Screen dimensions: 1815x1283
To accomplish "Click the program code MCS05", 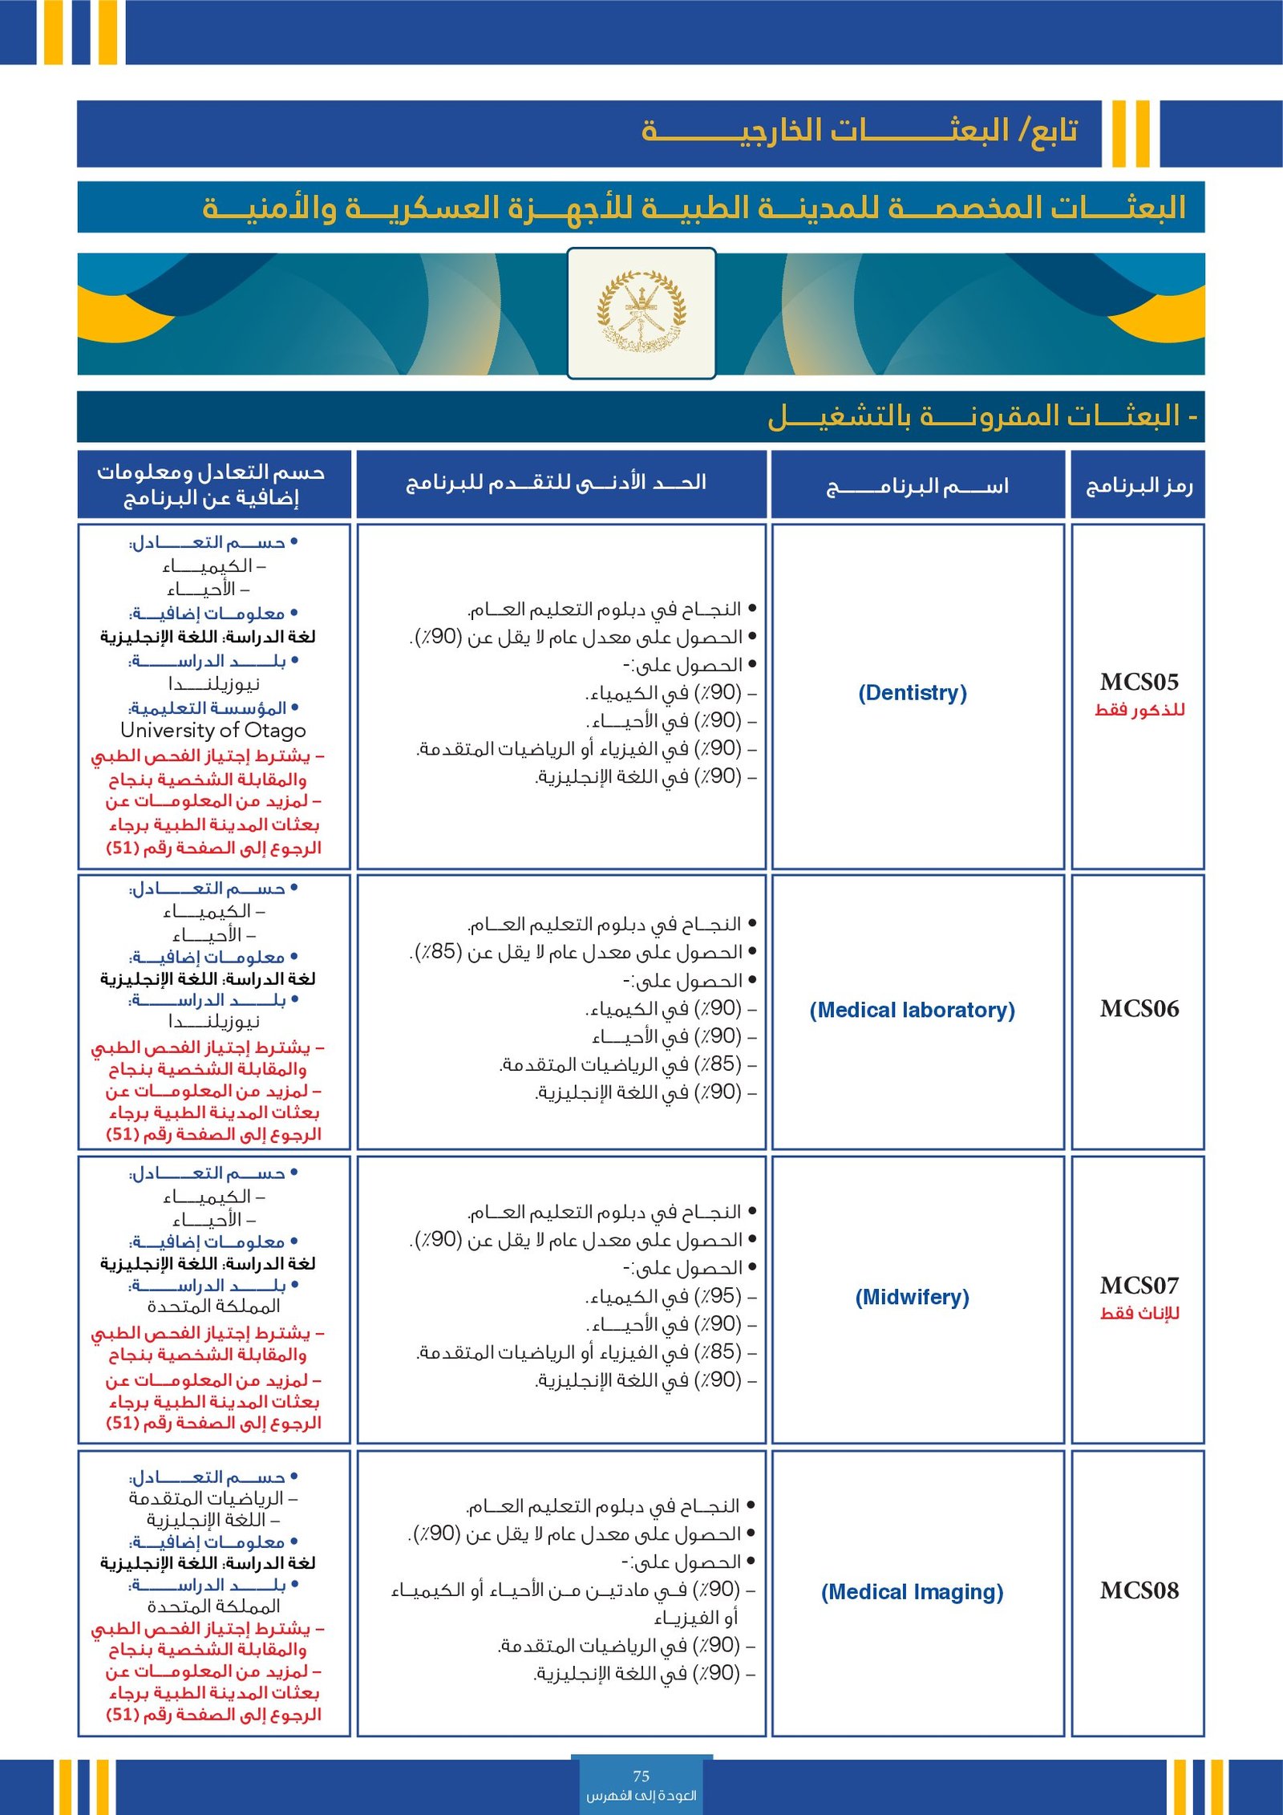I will pos(1139,683).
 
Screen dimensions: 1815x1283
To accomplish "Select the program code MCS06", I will pos(1139,1009).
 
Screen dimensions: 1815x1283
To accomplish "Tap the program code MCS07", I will pos(1139,1286).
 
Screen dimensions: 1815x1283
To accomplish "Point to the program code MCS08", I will pos(1139,1590).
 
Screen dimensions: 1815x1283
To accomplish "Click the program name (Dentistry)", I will pos(913,693).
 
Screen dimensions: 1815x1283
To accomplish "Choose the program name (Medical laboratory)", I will pos(912,1010).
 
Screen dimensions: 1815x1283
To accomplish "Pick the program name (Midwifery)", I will pos(912,1297).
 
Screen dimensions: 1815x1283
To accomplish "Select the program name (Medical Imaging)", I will pos(912,1592).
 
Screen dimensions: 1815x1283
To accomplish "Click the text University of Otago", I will pos(213,731).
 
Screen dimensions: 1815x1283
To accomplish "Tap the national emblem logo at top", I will pos(641,312).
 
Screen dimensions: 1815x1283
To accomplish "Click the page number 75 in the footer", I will pos(641,1776).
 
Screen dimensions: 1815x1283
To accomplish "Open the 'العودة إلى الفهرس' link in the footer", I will pos(641,1795).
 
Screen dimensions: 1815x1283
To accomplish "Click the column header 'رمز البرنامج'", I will pos(1139,486).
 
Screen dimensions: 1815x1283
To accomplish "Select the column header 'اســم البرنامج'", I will pos(917,486).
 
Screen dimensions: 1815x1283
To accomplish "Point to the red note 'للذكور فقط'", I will pos(1139,710).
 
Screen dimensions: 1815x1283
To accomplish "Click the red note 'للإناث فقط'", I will pos(1139,1313).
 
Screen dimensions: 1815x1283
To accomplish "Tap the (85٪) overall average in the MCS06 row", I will pos(437,952).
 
